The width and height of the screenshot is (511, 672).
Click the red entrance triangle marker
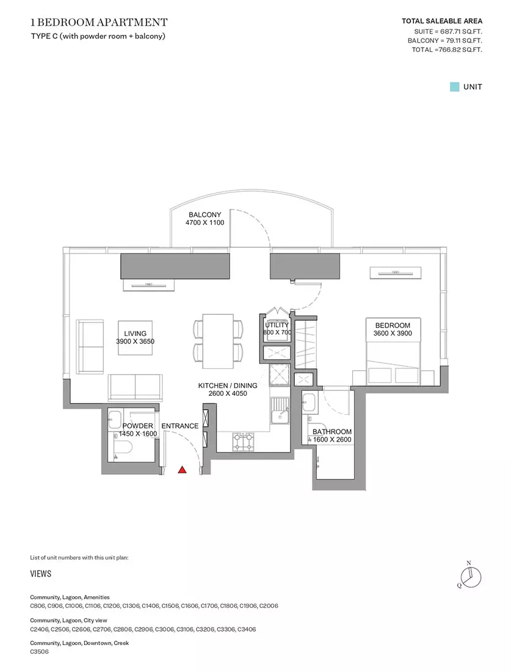(x=182, y=470)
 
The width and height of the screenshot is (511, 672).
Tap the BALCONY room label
(x=205, y=214)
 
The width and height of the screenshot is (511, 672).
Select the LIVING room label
(x=136, y=334)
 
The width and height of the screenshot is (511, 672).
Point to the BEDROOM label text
(x=393, y=325)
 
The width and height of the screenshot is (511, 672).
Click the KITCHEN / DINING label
(x=228, y=385)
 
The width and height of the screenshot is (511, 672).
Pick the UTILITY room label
(x=277, y=325)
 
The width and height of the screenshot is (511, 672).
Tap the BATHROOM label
(x=332, y=431)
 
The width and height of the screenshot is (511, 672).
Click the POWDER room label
(x=137, y=426)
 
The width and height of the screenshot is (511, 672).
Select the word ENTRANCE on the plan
(x=180, y=426)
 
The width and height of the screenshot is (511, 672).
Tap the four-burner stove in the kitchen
(x=243, y=442)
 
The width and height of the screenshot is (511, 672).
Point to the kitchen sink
(x=280, y=410)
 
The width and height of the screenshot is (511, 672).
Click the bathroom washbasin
(x=309, y=403)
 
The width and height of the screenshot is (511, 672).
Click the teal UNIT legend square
(x=454, y=87)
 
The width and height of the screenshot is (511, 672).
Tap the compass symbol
(x=470, y=577)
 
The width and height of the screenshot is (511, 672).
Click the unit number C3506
(x=40, y=651)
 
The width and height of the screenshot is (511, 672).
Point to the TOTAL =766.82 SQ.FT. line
(x=447, y=49)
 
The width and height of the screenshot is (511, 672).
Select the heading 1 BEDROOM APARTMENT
(x=99, y=22)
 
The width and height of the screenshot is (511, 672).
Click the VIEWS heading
(x=41, y=574)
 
